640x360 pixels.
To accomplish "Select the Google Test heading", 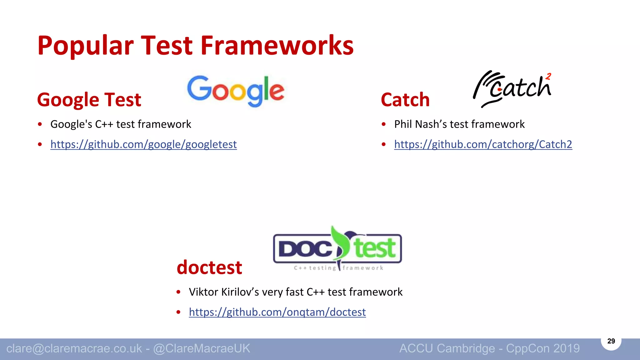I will pos(89,100).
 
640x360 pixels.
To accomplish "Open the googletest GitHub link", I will pos(143,144).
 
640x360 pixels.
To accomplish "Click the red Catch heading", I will pos(405,100).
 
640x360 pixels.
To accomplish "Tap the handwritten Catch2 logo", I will pos(512,89).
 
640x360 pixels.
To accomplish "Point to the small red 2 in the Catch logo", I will pos(548,77).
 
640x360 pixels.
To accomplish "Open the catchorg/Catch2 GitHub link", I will pos(483,144).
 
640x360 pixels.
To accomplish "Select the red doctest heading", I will pos(209,267).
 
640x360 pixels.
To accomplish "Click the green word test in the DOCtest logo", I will pos(375,248).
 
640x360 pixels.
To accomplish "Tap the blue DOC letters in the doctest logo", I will pos(305,249).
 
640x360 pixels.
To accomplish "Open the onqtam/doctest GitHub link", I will pos(277,312).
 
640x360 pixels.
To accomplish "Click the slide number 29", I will pos(611,341).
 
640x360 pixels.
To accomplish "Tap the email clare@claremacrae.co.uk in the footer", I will pos(74,348).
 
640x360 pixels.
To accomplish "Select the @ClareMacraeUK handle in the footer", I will pos(202,348).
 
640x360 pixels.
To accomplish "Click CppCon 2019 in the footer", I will pos(543,348).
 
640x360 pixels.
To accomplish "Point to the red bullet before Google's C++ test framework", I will pos(40,124).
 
